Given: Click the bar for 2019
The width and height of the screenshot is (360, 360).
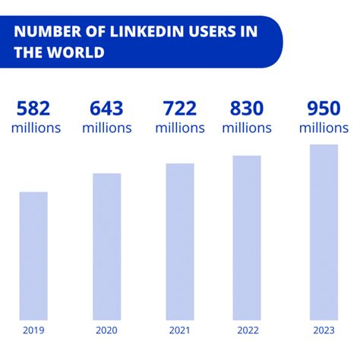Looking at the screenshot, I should coord(33,255).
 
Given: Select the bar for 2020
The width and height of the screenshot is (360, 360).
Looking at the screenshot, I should coord(106,246).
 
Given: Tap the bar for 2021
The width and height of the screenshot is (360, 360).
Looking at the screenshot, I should coord(180,241).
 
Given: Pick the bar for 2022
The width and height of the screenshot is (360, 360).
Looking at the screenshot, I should coord(247,237).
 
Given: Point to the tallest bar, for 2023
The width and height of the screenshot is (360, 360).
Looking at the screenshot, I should coord(324,232).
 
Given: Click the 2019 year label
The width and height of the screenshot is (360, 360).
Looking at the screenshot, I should coord(33,330).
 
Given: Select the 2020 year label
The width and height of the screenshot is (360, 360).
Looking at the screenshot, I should coord(106,330).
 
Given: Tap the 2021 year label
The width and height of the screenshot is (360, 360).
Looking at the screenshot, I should coord(180,330).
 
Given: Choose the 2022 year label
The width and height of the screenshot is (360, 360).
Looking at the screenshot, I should coord(247,330).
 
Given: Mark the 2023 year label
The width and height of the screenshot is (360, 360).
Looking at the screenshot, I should coord(324,330).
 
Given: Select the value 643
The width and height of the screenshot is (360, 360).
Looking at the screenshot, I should coord(106,108).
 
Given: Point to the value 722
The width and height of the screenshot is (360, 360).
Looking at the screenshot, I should coord(180,108).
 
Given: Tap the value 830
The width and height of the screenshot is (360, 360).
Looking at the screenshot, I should coord(247,108).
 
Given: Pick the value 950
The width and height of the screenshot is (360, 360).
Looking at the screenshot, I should coord(324,108).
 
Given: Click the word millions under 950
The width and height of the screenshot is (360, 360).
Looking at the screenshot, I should coord(324,128).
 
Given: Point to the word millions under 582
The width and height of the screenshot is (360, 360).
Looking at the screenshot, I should coord(36,128).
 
